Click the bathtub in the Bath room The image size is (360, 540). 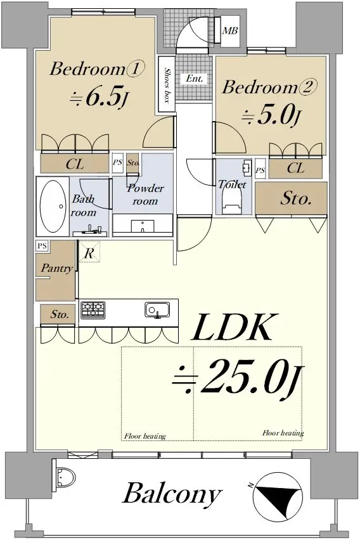(53, 206)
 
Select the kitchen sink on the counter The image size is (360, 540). (157, 309)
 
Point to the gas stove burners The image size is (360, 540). (93, 309)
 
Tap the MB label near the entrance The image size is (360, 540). (230, 30)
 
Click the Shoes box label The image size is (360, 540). (167, 85)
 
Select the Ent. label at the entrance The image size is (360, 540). (195, 79)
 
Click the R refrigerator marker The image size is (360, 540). (89, 254)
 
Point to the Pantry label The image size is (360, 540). (57, 268)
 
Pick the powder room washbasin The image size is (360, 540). (142, 226)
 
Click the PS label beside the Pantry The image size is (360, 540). (42, 246)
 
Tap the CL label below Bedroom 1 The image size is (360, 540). (75, 164)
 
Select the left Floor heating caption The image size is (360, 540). (145, 436)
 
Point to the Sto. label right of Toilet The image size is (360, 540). (296, 198)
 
